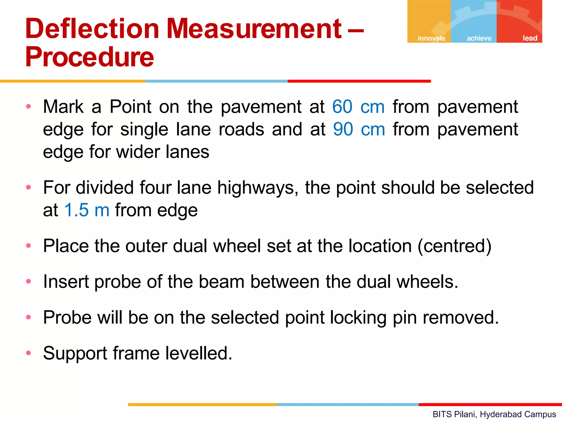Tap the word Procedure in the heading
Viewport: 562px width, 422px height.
click(89, 57)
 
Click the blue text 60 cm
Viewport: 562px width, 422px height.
click(358, 107)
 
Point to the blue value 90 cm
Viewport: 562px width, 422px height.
click(359, 129)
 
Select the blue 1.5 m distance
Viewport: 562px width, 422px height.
click(87, 210)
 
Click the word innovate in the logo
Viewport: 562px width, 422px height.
click(431, 38)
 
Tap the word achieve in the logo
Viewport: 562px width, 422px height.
click(479, 38)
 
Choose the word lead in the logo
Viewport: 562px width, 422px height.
click(530, 38)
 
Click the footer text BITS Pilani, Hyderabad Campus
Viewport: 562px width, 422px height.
click(494, 414)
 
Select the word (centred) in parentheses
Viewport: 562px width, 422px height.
click(454, 246)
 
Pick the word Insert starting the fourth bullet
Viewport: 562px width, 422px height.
click(66, 282)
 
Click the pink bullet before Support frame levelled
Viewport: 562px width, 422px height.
click(29, 353)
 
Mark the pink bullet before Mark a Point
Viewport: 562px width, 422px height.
click(29, 106)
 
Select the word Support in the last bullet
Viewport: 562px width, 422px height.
click(75, 354)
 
